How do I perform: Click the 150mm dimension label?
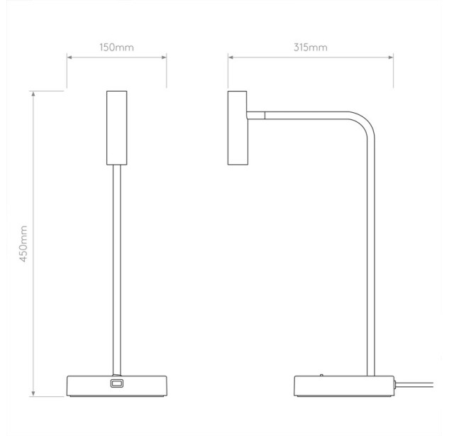coord(116,48)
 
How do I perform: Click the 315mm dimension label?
coord(311,48)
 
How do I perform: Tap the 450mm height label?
coord(23,244)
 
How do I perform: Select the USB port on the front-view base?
coord(116,383)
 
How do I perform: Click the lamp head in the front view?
coord(116,128)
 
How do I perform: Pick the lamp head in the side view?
coord(237,128)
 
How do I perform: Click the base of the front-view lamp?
coord(117,386)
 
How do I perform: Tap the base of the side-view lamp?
coord(344,386)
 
